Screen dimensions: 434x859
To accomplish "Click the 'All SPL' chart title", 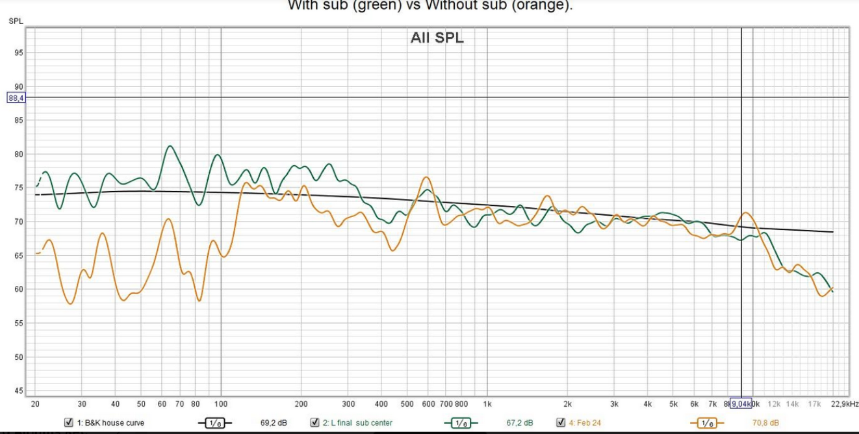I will pos(437,38).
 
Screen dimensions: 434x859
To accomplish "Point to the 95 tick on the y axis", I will pos(18,53).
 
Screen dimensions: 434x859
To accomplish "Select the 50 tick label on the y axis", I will pos(18,357).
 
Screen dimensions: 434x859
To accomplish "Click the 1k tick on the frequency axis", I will pos(487,403).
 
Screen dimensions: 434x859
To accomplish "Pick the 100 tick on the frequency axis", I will pos(221,403).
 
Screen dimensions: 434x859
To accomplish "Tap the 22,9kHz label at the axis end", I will pos(844,403).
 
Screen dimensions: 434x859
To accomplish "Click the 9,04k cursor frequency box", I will pos(740,403).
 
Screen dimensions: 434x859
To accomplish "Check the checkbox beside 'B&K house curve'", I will pos(68,422).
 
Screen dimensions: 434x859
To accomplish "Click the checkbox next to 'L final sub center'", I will pos(314,422).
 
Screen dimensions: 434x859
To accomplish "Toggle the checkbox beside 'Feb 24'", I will pos(561,422).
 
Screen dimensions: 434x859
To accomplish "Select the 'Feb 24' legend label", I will pos(589,423).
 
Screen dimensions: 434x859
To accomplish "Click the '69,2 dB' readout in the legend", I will pos(274,423).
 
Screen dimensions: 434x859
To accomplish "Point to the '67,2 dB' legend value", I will pos(519,423).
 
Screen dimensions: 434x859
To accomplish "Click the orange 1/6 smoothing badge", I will pos(706,423).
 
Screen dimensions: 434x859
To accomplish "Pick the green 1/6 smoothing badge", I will pos(460,423).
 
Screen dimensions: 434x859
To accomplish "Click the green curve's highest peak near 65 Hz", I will pos(170,146).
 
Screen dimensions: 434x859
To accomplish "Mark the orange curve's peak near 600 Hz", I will pos(426,177).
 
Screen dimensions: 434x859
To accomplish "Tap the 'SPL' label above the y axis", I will pos(16,21).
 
